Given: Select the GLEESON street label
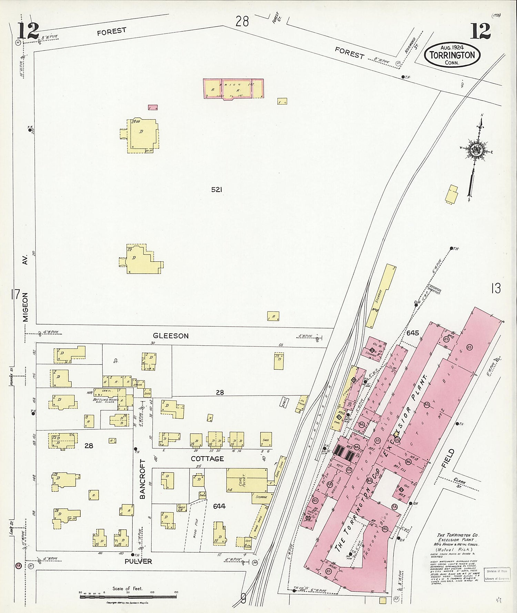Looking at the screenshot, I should tap(171, 336).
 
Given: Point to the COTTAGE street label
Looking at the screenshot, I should tap(207, 459).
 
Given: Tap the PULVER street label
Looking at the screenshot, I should tap(138, 561).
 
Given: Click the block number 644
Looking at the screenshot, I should tap(219, 506).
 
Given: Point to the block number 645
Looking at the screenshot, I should tap(412, 333).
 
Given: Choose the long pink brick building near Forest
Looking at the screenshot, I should tap(234, 89).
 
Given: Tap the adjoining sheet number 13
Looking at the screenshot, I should tap(496, 288).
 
